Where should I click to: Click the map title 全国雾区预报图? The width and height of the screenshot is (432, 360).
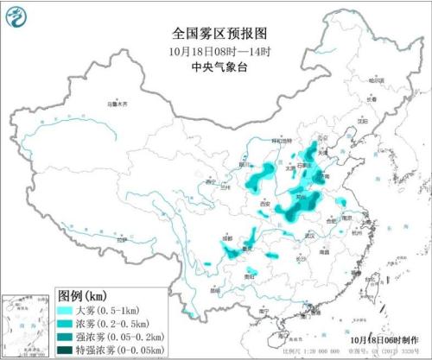(x=215, y=34)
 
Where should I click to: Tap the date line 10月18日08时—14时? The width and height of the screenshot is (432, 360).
(x=215, y=51)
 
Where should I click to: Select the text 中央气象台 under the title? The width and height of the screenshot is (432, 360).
(x=215, y=67)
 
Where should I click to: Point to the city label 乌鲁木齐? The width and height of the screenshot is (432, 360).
(x=116, y=104)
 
